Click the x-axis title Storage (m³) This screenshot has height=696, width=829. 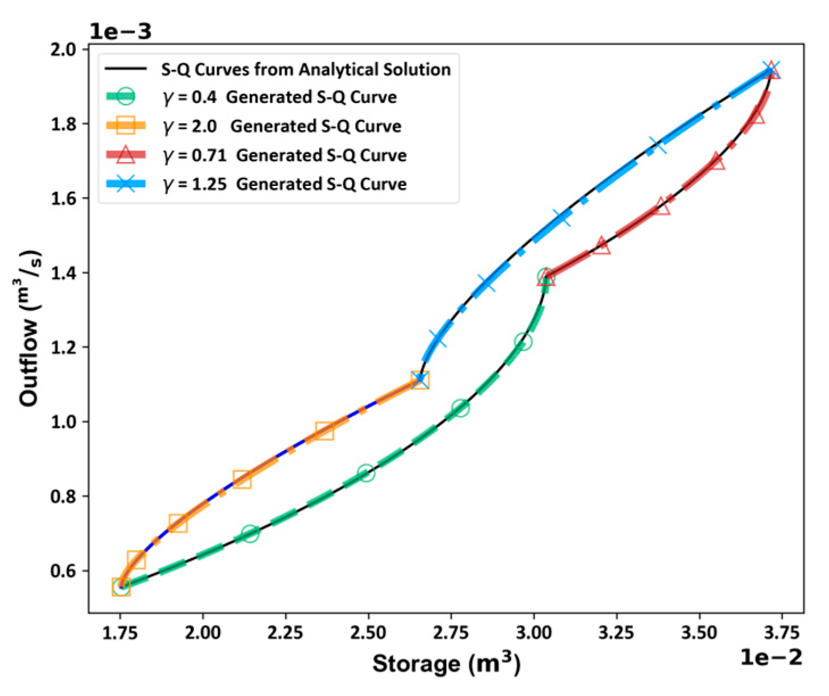point(446,664)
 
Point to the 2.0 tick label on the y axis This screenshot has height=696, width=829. point(63,49)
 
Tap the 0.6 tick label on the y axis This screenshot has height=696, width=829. point(63,571)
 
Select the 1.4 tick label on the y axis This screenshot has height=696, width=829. point(63,273)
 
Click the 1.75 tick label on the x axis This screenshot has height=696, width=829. point(120,632)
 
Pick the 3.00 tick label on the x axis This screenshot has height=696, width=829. point(534,632)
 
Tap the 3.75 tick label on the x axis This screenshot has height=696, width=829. point(781,632)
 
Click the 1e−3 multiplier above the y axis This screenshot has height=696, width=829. point(120,31)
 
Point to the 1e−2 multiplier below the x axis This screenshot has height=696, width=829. point(771,658)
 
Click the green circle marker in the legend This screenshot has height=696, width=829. point(126,97)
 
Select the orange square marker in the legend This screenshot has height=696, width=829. point(126,126)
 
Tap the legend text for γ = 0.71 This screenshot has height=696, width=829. point(285,155)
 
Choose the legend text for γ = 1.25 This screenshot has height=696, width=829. point(285,184)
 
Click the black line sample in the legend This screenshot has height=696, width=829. point(126,69)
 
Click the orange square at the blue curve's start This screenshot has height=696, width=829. point(420,380)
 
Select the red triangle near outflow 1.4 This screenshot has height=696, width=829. point(546,278)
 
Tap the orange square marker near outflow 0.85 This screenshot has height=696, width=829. point(242,479)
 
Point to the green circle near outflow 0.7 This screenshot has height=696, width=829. point(250,533)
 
